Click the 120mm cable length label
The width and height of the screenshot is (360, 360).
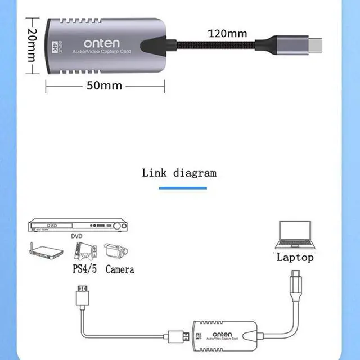[227, 33]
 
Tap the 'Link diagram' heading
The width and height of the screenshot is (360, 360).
[179, 173]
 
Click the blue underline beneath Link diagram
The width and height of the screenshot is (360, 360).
[179, 188]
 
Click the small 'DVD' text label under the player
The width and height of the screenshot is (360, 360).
[76, 237]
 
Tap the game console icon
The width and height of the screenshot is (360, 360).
[85, 251]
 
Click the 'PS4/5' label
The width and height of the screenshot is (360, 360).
[84, 269]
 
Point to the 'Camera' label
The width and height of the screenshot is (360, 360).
[119, 269]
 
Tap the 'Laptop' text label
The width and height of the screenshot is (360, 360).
[295, 258]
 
